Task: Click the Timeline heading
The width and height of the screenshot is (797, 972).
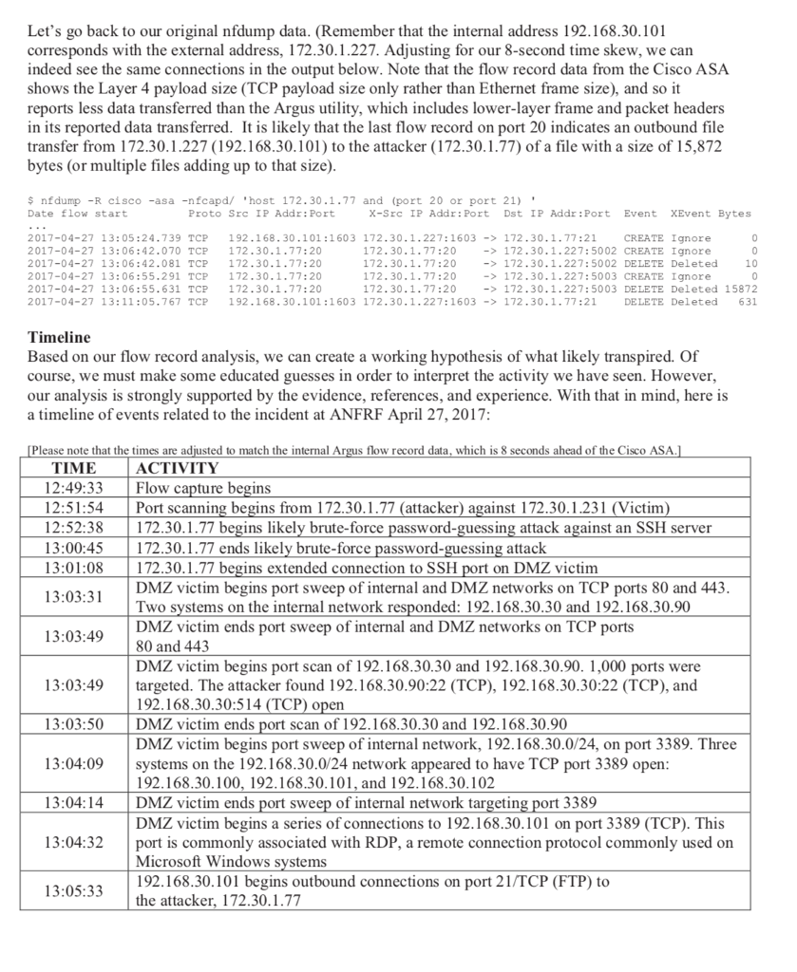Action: click(x=58, y=337)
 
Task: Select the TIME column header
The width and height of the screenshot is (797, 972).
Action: click(x=73, y=468)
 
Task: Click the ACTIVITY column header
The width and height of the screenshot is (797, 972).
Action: click(x=178, y=468)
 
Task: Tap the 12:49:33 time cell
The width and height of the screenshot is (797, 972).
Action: click(x=73, y=488)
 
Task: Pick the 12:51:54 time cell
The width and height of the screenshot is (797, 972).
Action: click(x=73, y=508)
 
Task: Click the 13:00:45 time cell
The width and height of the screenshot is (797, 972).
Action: click(x=73, y=548)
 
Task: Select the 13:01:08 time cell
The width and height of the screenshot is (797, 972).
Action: click(x=73, y=568)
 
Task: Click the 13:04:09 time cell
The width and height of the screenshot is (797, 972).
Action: click(x=73, y=762)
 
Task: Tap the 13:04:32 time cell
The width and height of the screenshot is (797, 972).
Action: click(x=73, y=842)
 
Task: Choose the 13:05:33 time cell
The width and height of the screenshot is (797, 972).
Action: click(x=73, y=891)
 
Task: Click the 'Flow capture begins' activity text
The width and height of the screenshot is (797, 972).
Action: click(x=203, y=488)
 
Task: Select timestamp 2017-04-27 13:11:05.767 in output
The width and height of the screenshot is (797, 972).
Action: click(x=104, y=302)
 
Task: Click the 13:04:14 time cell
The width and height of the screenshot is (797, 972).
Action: click(x=73, y=802)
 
